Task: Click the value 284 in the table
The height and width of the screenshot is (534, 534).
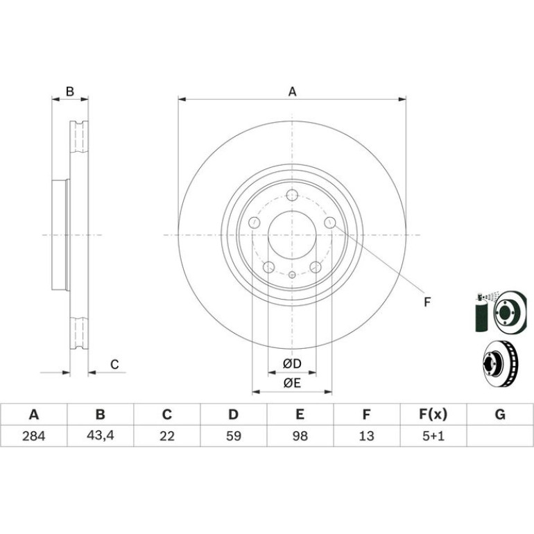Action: (x=33, y=436)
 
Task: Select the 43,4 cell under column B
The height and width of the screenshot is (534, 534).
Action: (x=100, y=436)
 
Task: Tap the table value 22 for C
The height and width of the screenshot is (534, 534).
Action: (x=167, y=436)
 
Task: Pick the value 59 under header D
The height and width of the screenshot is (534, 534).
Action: (x=233, y=436)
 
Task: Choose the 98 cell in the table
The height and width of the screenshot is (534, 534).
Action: (x=300, y=436)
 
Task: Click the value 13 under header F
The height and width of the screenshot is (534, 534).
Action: (x=366, y=436)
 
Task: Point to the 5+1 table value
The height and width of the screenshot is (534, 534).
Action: (x=433, y=436)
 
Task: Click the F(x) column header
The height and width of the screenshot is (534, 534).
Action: (x=433, y=415)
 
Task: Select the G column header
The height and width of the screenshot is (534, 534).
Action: (x=500, y=415)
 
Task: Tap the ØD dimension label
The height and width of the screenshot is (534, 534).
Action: (x=292, y=363)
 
